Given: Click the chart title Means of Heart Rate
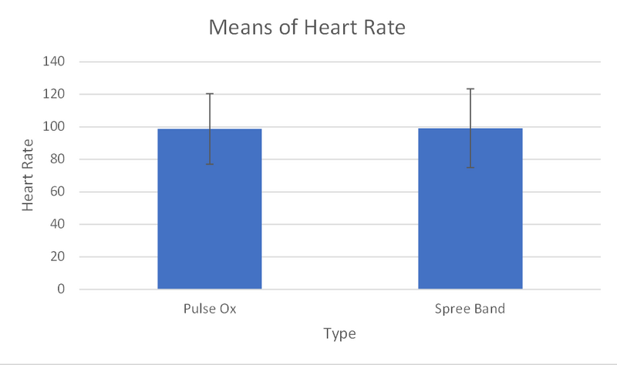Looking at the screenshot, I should click(x=308, y=29).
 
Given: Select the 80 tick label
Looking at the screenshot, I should click(x=57, y=159).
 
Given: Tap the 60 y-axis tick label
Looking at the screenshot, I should click(x=57, y=192).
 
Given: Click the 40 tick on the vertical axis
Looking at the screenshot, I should click(x=57, y=225).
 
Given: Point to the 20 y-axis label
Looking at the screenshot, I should click(x=57, y=257).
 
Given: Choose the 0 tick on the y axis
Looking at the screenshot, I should click(x=60, y=290).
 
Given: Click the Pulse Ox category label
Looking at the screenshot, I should click(x=210, y=310).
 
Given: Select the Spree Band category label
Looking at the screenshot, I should click(x=470, y=310).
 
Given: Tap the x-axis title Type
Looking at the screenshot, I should click(x=340, y=334).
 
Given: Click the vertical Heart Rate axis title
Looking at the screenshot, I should click(x=28, y=176).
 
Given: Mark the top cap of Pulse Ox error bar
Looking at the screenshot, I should click(x=210, y=94).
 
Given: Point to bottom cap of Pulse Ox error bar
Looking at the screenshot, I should click(x=210, y=164).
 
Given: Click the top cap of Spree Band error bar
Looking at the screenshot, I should click(x=470, y=89).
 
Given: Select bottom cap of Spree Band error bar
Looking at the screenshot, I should click(x=470, y=168).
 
